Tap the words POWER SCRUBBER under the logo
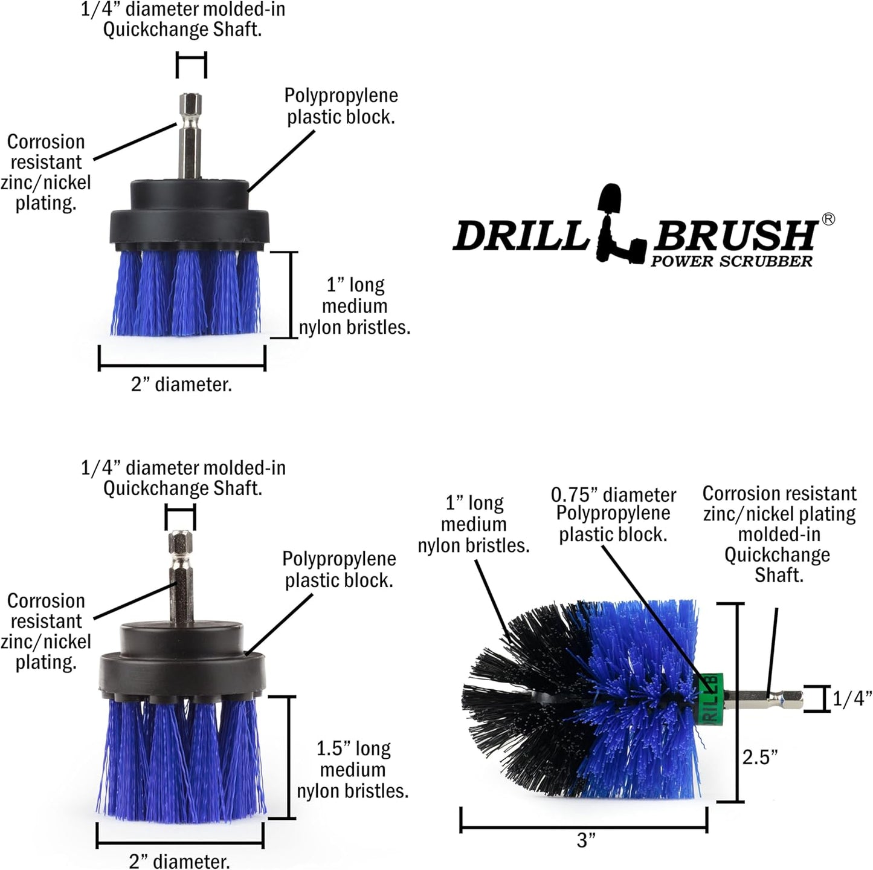point(731,261)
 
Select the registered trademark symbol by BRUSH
point(828,219)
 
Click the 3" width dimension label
point(585,840)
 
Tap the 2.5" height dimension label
point(759,756)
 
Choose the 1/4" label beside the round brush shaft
point(852,699)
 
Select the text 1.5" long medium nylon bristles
point(353,770)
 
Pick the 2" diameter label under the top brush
point(181,385)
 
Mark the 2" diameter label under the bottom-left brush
point(179,861)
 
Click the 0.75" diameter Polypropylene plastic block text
point(613,515)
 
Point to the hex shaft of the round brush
point(765,700)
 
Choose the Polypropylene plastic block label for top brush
point(341,106)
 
